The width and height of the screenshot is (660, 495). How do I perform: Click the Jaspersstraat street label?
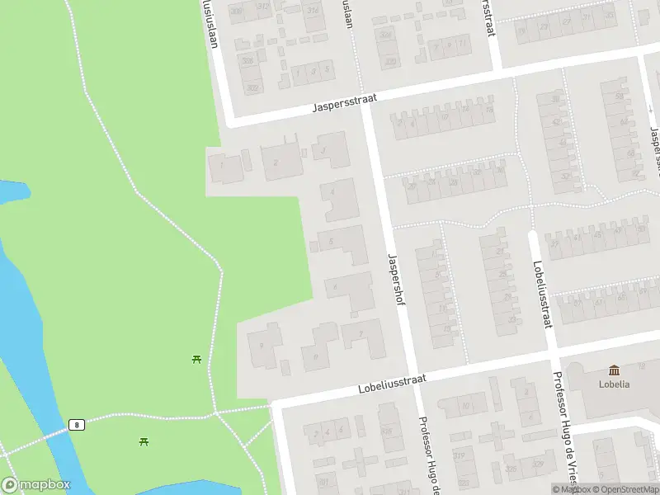pos(345,103)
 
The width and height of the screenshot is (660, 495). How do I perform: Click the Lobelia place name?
pos(615,384)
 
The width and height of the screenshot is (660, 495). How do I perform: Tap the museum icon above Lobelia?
pos(615,370)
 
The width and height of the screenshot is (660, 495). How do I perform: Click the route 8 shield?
pos(77,424)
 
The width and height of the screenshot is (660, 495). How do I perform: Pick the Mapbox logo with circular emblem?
pos(36,484)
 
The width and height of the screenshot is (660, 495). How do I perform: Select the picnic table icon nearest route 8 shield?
pos(145,442)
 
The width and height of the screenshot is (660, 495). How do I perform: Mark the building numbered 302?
pos(252,87)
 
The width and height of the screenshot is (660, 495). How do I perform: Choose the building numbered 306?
pos(248,60)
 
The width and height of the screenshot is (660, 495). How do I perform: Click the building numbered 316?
pos(386,430)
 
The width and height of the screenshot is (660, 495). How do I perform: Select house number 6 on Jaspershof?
pos(334,286)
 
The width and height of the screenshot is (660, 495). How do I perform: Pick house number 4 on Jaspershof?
pos(332,191)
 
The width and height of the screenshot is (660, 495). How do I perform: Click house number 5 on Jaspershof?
pos(331,241)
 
